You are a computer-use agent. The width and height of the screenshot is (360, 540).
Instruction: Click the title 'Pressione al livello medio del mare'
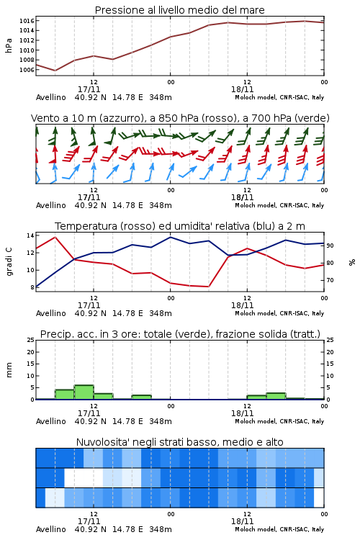(179, 10)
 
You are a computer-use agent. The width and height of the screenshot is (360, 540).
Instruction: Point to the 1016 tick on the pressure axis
(27, 21)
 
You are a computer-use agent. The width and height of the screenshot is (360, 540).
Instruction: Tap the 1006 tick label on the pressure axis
(27, 70)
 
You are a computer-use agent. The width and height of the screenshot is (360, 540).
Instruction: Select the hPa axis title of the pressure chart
(9, 45)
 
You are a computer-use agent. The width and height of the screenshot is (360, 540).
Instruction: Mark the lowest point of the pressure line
(55, 71)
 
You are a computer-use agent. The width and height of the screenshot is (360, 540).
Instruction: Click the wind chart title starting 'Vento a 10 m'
(180, 118)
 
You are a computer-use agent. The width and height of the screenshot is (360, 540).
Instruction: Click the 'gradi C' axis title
(9, 261)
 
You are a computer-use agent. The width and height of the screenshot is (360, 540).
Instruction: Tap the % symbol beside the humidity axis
(352, 262)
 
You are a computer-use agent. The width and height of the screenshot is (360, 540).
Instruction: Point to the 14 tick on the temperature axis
(30, 235)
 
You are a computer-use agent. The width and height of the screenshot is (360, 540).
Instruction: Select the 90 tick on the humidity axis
(330, 246)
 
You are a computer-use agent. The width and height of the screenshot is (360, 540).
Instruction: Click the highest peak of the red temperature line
(55, 237)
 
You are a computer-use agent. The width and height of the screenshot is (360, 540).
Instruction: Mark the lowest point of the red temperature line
(208, 287)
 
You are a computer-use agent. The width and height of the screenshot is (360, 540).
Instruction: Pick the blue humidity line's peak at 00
(170, 237)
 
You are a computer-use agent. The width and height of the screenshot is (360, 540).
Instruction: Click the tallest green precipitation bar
(84, 392)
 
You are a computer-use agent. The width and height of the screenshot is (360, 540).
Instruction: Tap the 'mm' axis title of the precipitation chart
(9, 370)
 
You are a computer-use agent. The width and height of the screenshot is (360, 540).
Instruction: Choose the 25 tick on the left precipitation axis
(30, 340)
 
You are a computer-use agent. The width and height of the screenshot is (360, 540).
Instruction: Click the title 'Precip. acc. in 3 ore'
(180, 334)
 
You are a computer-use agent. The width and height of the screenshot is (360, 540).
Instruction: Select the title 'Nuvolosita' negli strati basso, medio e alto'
(180, 442)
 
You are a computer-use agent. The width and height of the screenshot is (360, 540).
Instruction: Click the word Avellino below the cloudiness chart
(50, 529)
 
